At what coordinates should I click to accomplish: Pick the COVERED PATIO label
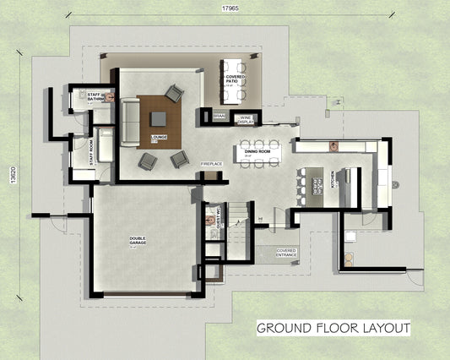tap(235, 82)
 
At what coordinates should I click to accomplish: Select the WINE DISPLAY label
tap(246, 119)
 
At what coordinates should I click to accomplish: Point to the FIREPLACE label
tap(211, 162)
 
